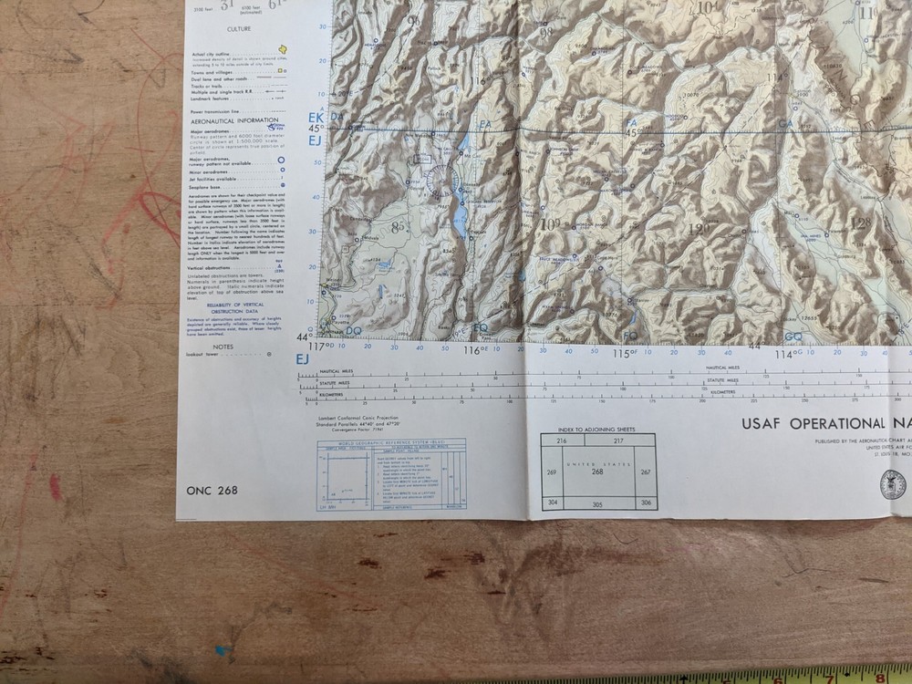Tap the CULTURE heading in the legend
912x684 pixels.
[x=239, y=29]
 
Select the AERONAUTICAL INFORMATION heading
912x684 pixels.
[x=233, y=120]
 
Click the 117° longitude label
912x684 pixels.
[x=319, y=346]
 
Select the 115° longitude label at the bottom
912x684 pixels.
[x=624, y=352]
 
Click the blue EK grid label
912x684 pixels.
[x=316, y=118]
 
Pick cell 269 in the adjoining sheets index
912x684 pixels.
[x=551, y=472]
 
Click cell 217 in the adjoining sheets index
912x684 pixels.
[x=618, y=440]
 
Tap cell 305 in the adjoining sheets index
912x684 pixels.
[x=598, y=503]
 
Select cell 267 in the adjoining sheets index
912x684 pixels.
[x=646, y=472]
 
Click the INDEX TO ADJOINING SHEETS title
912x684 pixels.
[x=598, y=428]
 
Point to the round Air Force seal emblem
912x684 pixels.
[x=894, y=483]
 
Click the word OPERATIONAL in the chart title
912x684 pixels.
[x=834, y=423]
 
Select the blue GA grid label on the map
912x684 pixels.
[x=784, y=124]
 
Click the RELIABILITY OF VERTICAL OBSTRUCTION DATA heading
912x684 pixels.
[x=233, y=306]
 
